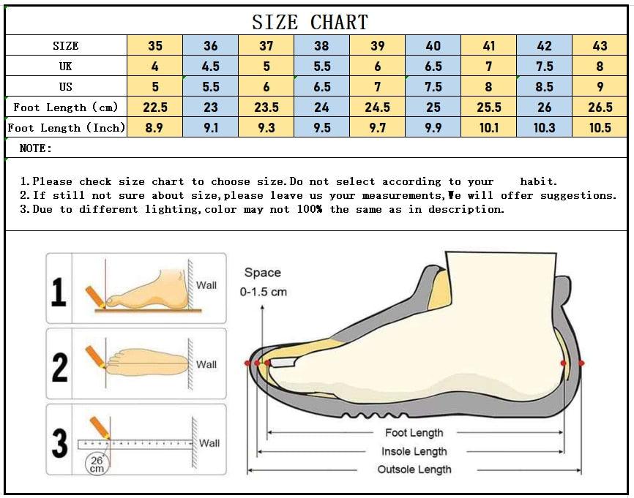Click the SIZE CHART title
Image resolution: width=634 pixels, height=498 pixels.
(310, 22)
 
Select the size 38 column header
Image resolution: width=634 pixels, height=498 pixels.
(322, 45)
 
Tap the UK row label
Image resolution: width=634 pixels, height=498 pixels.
(65, 66)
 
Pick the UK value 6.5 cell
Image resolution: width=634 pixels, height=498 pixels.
(433, 66)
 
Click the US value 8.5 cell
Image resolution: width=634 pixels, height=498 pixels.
(544, 86)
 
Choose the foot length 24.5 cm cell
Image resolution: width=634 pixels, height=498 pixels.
(377, 107)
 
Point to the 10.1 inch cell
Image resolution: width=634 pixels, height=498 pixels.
(489, 128)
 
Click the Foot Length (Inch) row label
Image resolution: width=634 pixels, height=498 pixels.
(67, 128)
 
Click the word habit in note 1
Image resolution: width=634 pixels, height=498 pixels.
(538, 181)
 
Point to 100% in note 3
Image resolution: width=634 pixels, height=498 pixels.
(310, 209)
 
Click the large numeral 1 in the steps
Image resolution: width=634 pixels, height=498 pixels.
(59, 292)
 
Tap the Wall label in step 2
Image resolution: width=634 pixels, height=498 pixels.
(206, 364)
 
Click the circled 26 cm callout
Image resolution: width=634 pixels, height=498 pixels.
(97, 464)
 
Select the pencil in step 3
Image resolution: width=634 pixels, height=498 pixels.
(100, 428)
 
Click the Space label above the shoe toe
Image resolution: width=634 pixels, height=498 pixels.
(262, 273)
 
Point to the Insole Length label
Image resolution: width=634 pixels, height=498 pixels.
(414, 451)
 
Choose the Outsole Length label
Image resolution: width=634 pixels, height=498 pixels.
(414, 469)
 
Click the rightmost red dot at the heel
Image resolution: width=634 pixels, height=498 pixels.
(581, 363)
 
